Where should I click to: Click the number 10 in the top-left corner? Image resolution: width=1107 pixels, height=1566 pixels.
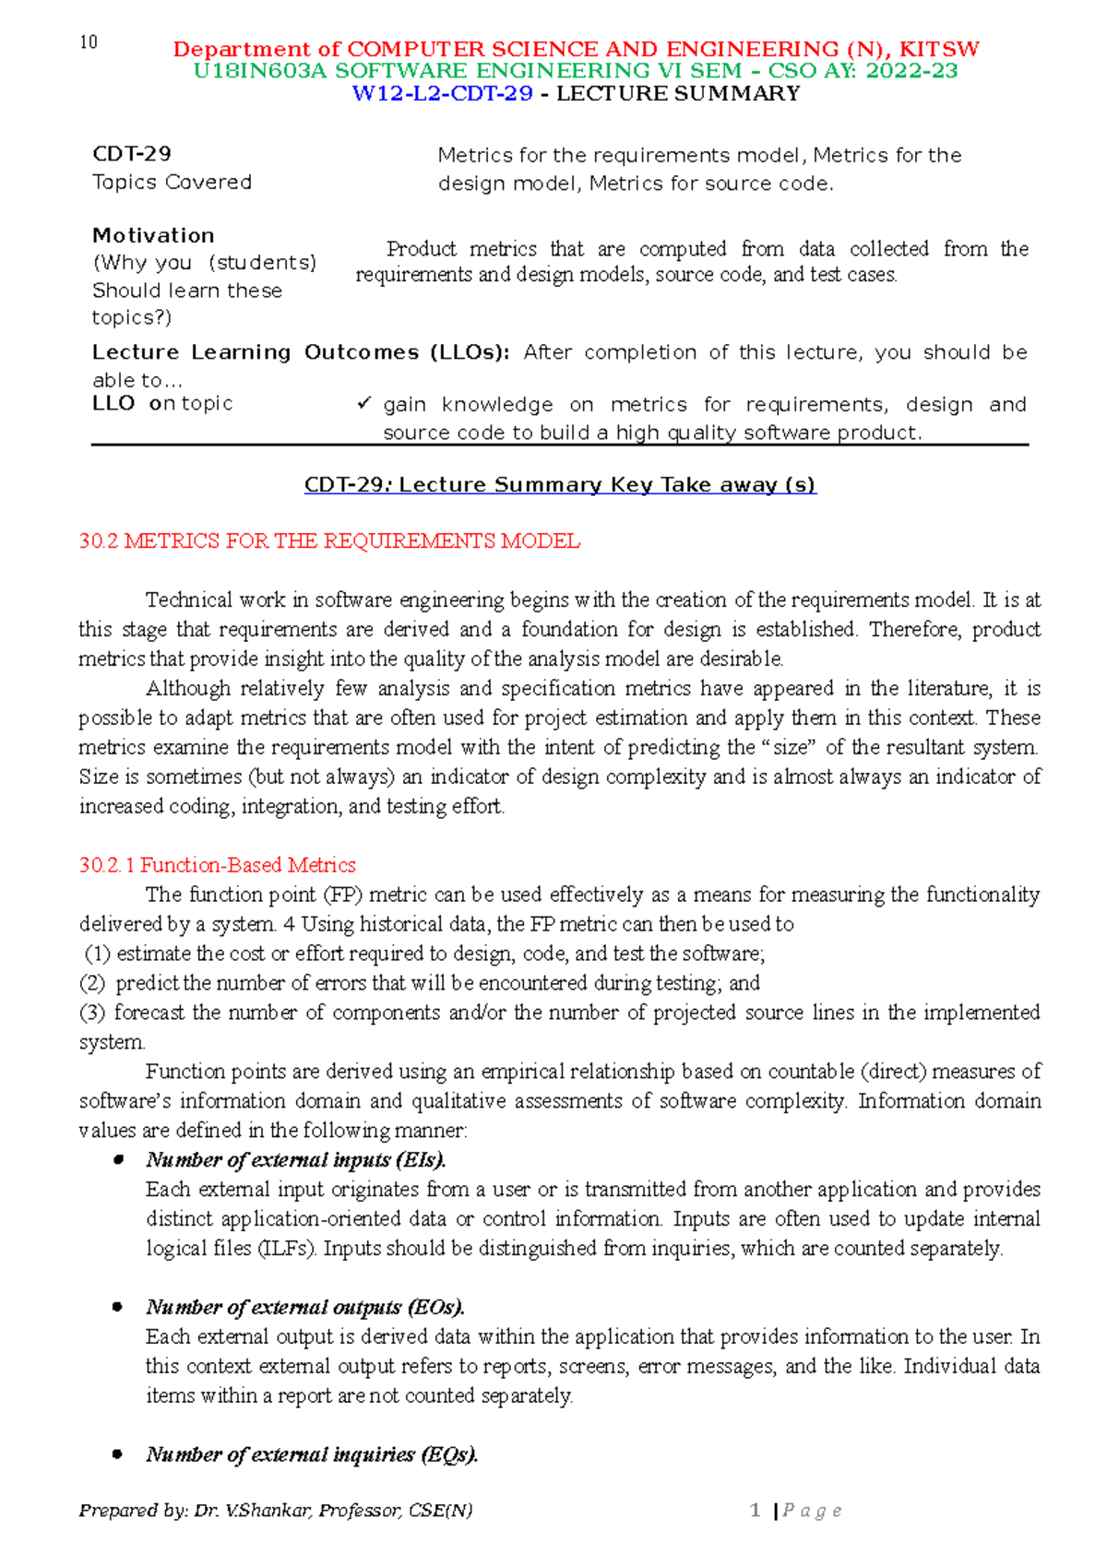coord(89,42)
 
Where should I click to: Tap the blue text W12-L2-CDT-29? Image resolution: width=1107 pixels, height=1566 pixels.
coord(443,93)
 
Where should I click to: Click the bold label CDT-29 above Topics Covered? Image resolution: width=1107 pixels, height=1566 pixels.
coord(132,154)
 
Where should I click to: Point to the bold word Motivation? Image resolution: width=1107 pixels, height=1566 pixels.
coord(153,235)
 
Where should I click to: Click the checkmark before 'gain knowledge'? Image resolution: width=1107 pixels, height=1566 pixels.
coord(363,404)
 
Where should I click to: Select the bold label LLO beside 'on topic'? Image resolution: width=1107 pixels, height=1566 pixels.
coord(113,403)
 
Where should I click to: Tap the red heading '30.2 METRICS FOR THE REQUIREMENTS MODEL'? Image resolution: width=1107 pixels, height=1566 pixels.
coord(329,541)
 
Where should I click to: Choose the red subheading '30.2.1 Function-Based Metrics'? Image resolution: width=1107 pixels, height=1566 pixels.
coord(218,865)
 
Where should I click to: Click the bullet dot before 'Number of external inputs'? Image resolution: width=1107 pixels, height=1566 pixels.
coord(118,1160)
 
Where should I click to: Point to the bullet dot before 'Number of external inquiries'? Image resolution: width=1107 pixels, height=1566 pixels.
coord(118,1455)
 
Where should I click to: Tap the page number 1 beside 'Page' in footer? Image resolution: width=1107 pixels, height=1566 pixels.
coord(756,1511)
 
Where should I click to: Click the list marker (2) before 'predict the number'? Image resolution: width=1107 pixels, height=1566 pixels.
coord(93,983)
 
